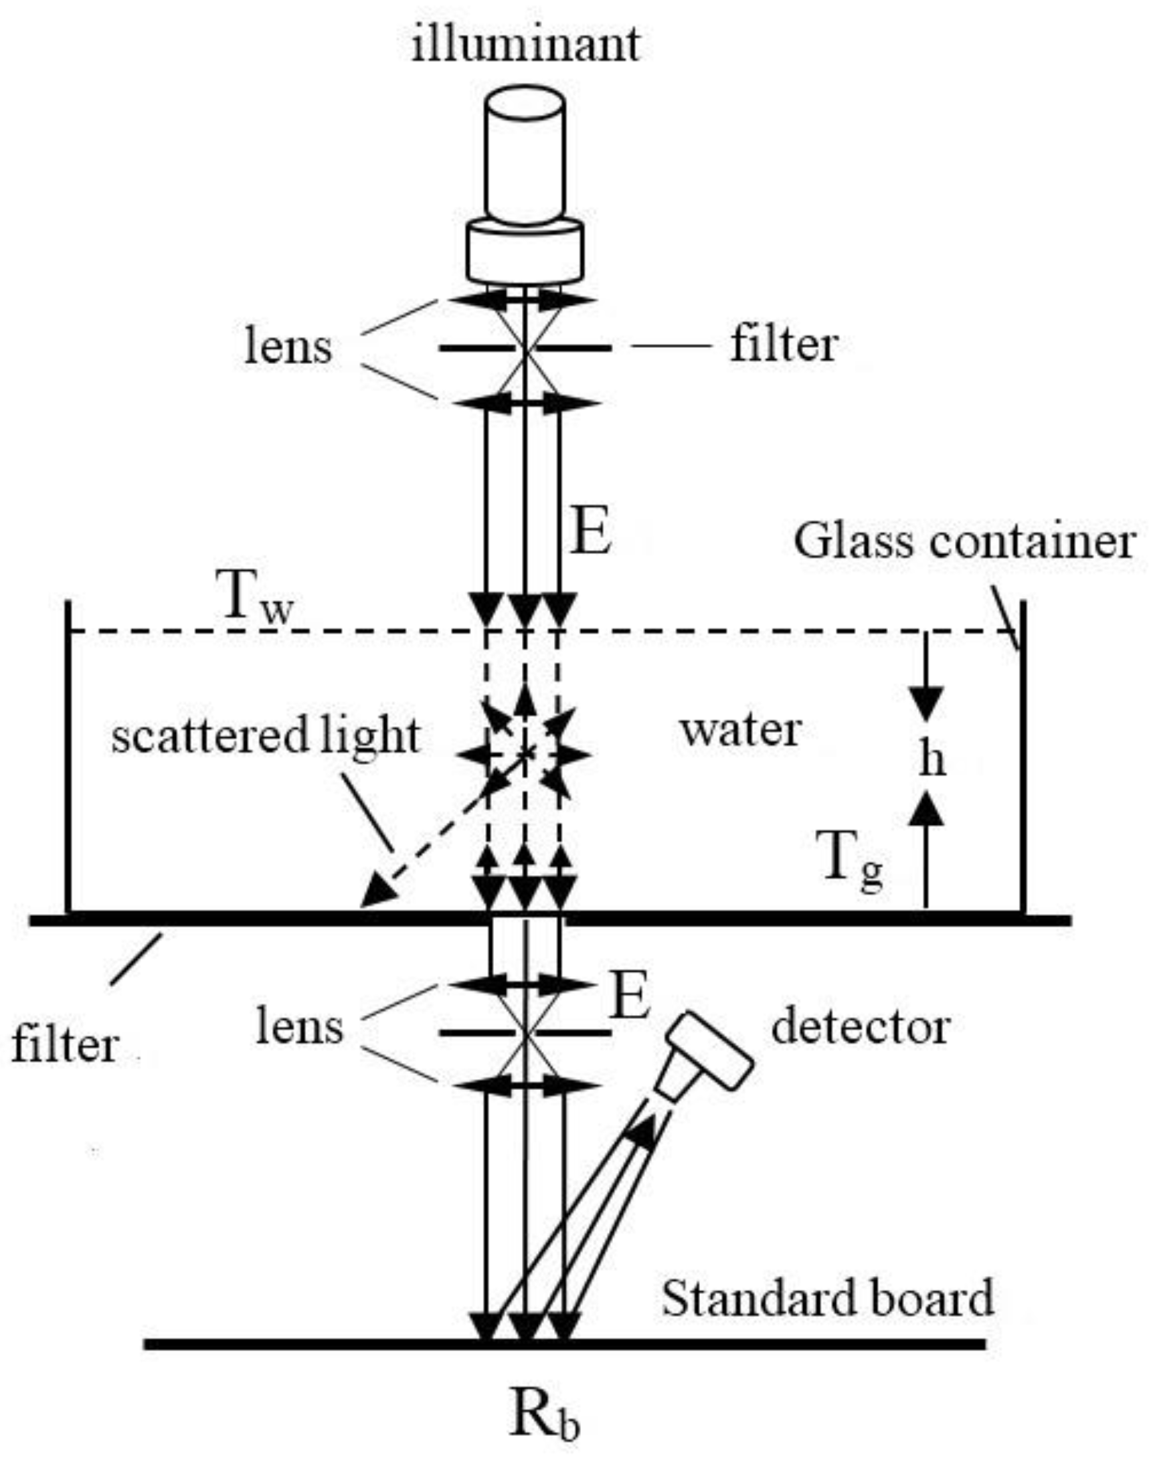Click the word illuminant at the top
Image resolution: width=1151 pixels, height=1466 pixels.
pos(525,45)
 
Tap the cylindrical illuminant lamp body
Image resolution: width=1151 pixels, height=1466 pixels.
pos(525,159)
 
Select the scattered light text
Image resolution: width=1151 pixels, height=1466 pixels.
pos(266,736)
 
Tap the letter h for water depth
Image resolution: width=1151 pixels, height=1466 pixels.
pos(932,760)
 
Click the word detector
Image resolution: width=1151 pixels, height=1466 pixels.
pos(861,1028)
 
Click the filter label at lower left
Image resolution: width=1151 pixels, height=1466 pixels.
pos(66,1046)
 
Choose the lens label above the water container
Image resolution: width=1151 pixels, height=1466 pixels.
pos(288,347)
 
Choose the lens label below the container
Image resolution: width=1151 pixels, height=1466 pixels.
pos(299,1028)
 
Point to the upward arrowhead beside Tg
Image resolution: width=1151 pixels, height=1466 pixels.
pos(929,809)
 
